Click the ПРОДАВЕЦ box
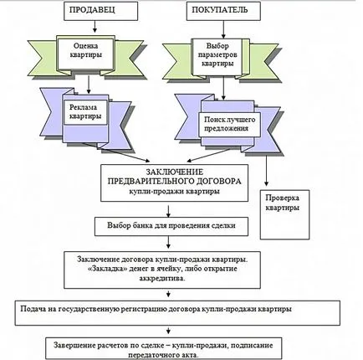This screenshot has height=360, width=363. point(100,11)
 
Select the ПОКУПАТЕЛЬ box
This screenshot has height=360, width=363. point(223,11)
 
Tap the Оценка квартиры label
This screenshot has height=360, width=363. point(85,50)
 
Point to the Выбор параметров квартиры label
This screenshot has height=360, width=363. point(217,54)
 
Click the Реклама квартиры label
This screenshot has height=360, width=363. point(85,111)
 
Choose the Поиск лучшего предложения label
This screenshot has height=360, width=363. point(230,124)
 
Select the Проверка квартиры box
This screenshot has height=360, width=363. point(284,214)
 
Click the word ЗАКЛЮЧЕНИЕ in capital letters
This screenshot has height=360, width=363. point(175,172)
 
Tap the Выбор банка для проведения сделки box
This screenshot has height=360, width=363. point(171,226)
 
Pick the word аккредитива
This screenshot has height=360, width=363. point(162,278)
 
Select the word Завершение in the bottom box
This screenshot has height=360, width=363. point(74,346)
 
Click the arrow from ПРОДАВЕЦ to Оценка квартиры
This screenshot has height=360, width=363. point(95,26)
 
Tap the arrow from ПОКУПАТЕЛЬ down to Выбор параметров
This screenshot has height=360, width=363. point(223,29)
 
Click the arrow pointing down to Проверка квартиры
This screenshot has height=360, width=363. point(266,171)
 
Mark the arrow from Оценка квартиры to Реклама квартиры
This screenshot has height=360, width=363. point(89,85)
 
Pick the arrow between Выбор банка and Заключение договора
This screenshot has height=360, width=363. point(168,242)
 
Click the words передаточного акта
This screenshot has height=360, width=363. point(164,355)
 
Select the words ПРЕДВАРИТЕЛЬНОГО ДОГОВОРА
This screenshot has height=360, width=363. point(175,181)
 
